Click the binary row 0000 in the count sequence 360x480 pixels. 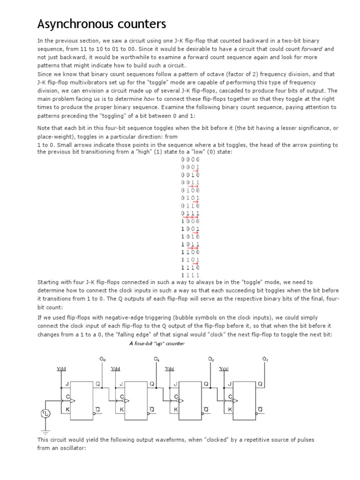pyautogui.click(x=190, y=160)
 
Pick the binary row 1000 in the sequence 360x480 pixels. pyautogui.click(x=190, y=221)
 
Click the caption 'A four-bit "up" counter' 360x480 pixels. pyautogui.click(x=157, y=344)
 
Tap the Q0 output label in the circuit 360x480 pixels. pyautogui.click(x=103, y=359)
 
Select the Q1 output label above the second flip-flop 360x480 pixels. pyautogui.click(x=157, y=359)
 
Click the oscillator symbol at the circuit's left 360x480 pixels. pyautogui.click(x=45, y=413)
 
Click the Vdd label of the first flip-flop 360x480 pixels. pyautogui.click(x=61, y=369)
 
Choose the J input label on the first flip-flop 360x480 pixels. pyautogui.click(x=67, y=384)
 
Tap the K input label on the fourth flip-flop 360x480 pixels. pyautogui.click(x=230, y=409)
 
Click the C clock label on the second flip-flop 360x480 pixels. pyautogui.click(x=122, y=397)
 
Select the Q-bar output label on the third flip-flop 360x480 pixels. pyautogui.click(x=206, y=409)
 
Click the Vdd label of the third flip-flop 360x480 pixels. pyautogui.click(x=170, y=369)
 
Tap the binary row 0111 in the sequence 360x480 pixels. pyautogui.click(x=190, y=213)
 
